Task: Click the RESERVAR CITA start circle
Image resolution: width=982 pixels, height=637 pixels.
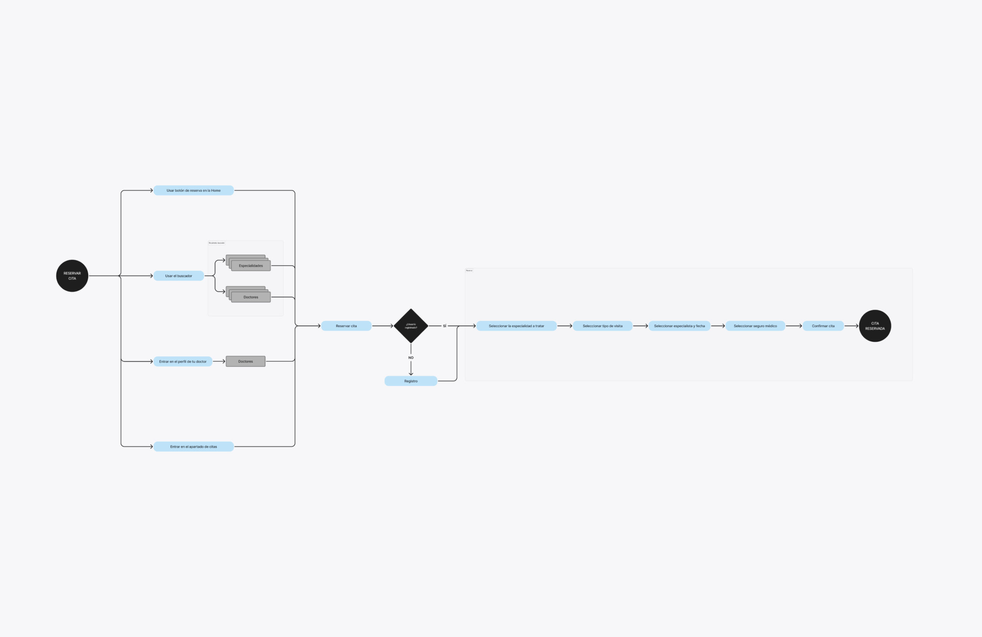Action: (72, 276)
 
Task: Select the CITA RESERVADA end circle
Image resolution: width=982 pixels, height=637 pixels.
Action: (875, 326)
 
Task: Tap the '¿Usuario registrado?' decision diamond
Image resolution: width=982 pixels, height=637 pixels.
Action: (410, 326)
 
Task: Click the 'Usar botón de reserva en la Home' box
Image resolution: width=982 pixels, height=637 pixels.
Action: (193, 191)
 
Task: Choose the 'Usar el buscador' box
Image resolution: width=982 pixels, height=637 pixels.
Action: (179, 276)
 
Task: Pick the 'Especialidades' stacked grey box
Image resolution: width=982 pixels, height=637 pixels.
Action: (250, 266)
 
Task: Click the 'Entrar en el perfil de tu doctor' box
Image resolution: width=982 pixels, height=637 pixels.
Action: (183, 361)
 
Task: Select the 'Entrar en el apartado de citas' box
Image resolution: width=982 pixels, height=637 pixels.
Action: (193, 446)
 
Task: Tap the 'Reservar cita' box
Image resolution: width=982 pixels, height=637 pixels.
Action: (346, 326)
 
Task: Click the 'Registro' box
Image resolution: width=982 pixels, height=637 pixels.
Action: (410, 381)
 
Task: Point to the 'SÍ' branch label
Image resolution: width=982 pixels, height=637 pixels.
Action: (444, 326)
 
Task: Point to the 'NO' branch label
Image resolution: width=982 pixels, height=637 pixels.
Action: (410, 358)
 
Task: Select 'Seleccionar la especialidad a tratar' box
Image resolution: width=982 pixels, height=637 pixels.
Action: (516, 326)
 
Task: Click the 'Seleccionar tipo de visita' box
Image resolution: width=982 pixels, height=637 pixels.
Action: (602, 326)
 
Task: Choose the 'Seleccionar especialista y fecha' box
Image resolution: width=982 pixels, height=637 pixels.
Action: (679, 326)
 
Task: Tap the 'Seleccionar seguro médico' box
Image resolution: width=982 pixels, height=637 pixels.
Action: (755, 326)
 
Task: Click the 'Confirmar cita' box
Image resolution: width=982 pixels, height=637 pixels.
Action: (823, 326)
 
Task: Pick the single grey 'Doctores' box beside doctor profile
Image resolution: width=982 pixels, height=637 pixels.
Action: (245, 361)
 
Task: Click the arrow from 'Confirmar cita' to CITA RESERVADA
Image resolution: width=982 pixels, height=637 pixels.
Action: (851, 326)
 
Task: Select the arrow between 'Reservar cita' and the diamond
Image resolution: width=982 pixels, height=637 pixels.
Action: (382, 326)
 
